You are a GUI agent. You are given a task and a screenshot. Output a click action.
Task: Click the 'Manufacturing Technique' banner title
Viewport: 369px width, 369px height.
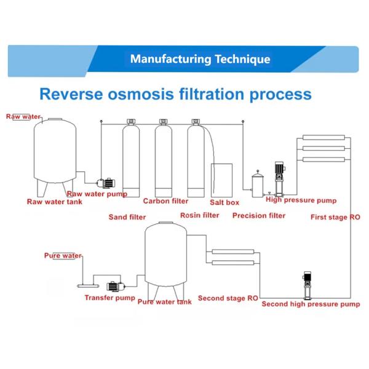click(200, 60)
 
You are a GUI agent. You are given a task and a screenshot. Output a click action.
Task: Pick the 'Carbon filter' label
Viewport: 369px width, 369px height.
click(165, 201)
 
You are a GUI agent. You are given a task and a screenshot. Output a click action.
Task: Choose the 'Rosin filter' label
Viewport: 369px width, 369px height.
click(199, 215)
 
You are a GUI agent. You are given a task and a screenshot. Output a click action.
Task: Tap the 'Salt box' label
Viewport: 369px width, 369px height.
click(224, 202)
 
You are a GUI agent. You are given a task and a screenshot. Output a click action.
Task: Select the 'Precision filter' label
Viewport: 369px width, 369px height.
click(259, 216)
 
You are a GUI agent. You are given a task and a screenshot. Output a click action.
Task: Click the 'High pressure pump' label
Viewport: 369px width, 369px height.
click(301, 200)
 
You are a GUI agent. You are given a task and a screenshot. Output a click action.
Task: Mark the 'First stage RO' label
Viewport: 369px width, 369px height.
click(335, 217)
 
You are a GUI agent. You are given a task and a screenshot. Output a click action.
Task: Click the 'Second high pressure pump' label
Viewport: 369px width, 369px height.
click(311, 304)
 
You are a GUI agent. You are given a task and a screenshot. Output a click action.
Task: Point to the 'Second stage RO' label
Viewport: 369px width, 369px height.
click(228, 298)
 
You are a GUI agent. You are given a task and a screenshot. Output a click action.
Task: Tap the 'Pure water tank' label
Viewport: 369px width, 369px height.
click(164, 302)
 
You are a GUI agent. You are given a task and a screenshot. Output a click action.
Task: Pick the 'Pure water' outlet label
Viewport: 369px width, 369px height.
click(63, 255)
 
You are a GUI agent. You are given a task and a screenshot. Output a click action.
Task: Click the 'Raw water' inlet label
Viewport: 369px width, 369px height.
click(23, 116)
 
